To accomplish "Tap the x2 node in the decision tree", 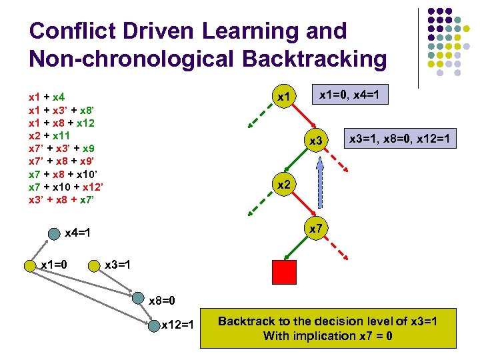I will pos(285,184).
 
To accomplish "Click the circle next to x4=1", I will pos(54,234).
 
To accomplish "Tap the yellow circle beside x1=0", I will pos(29,265).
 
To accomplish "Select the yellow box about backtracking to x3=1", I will pos(327,328).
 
